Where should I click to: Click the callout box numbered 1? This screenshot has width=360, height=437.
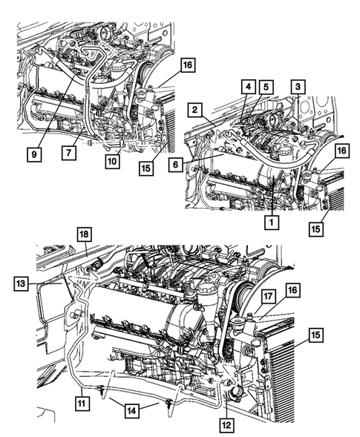pos(274,220)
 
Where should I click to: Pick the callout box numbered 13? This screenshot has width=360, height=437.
pos(21,282)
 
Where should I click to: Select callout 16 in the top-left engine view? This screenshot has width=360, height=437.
pos(187,65)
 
